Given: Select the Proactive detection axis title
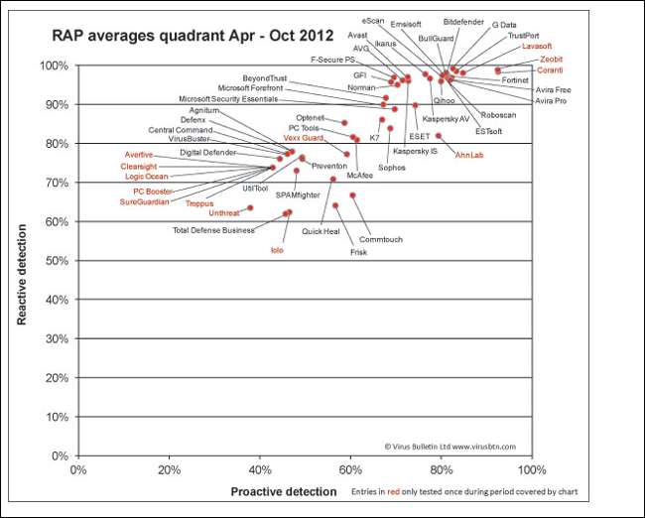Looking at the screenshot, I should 283,491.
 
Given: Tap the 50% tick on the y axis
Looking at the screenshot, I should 56,261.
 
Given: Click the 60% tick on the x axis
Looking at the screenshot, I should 350,469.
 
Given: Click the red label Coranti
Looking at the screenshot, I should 550,69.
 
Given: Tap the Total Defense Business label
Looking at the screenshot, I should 213,230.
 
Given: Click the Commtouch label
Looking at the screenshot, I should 380,239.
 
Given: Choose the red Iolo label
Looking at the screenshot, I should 278,250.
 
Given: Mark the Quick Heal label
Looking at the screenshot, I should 322,231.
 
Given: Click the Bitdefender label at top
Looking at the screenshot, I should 463,21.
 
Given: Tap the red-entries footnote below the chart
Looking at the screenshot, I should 464,492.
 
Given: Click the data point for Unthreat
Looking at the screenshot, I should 250,207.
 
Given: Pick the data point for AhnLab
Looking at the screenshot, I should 438,136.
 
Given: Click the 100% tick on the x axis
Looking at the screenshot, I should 532,469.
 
